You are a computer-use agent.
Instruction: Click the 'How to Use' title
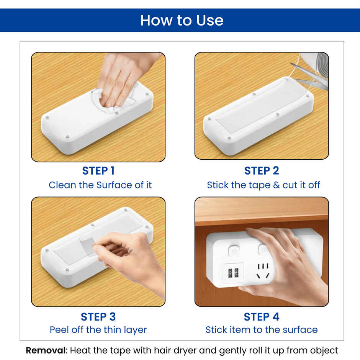coord(182,20)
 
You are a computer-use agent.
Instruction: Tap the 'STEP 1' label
coord(98,171)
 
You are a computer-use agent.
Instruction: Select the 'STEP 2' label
coord(262,171)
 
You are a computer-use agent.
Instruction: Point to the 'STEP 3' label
coord(98,317)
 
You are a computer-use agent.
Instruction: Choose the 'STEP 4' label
coord(262,317)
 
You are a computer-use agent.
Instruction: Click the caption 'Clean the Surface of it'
coord(100,185)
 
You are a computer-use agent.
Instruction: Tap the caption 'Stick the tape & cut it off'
coord(263,185)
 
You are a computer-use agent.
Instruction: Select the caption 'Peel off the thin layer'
coord(98,330)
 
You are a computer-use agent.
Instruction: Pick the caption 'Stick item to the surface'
coord(262,330)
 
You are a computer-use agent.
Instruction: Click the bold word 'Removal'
coord(46,350)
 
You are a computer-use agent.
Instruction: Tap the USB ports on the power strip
coord(233,273)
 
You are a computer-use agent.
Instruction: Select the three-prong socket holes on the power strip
coord(263,271)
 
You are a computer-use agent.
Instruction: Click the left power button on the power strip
coord(234,250)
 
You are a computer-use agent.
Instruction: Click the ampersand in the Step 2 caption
coord(277,185)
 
